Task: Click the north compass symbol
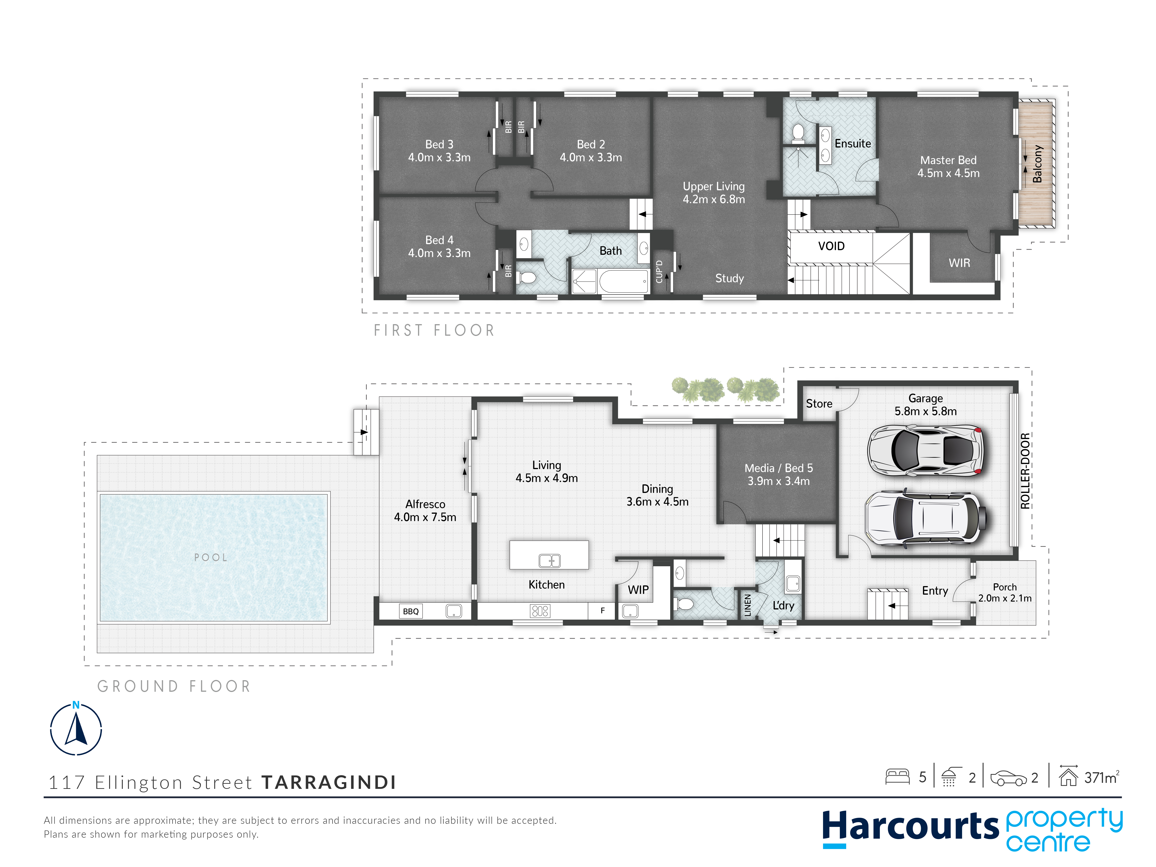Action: pos(76,728)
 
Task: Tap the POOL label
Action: pos(211,558)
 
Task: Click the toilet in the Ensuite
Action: pos(798,133)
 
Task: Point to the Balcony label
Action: pos(1037,164)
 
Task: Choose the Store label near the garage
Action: pos(819,403)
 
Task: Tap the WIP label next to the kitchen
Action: pos(638,590)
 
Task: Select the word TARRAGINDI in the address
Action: pos(329,782)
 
